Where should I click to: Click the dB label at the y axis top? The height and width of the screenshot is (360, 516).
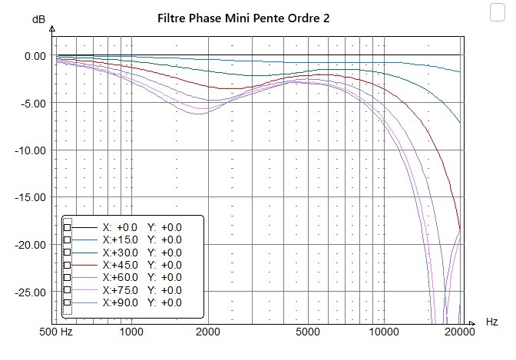pyautogui.click(x=38, y=18)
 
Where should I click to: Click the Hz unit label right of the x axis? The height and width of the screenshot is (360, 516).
pyautogui.click(x=491, y=321)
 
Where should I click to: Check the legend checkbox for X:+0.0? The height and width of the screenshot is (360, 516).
pyautogui.click(x=68, y=228)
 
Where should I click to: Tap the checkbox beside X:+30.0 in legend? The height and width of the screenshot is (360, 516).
pyautogui.click(x=68, y=253)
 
